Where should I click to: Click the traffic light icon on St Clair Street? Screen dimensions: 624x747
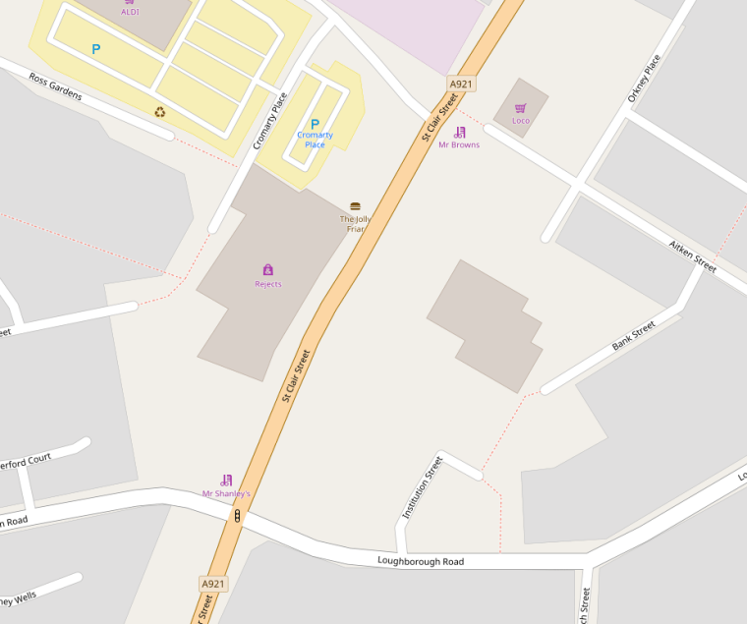237,515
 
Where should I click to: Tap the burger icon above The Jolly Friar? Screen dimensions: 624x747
355,206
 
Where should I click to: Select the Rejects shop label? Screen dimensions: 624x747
267,284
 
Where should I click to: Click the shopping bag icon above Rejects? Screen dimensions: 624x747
267,269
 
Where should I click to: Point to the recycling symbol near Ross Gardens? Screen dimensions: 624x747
160,112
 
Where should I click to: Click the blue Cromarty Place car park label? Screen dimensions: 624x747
315,140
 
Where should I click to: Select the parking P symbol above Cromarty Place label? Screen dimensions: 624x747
315,124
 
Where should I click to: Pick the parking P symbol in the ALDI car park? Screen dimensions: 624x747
96,49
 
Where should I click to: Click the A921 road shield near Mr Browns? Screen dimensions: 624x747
462,85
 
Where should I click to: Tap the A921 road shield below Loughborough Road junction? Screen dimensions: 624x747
213,584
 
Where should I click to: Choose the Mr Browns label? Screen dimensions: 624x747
459,145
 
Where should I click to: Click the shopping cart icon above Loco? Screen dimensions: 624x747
521,108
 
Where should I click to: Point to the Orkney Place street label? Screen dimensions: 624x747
644,79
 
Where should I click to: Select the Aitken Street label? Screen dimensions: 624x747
693,254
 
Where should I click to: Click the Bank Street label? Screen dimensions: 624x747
633,337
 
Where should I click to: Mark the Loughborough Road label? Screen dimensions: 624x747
421,562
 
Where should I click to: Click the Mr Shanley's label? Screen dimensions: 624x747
226,493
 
